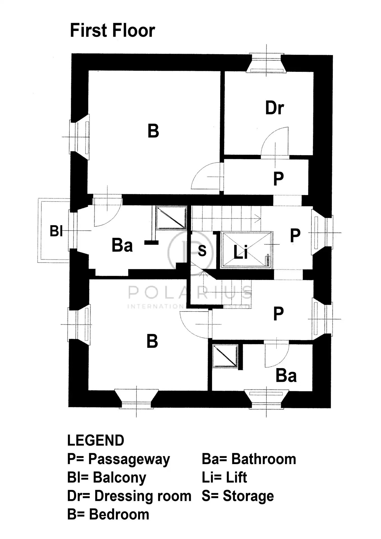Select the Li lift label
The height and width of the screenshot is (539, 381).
240,252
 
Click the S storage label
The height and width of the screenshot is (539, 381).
202,250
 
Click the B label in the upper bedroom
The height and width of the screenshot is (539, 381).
153,131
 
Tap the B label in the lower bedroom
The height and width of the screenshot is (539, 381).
152,341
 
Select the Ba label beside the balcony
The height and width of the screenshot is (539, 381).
122,245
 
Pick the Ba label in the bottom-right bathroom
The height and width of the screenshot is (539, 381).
286,376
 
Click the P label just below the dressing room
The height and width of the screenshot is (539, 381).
278,178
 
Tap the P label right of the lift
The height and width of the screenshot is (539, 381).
295,235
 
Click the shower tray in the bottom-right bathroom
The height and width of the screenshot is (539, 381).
225,355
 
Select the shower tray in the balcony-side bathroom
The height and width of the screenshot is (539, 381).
171,218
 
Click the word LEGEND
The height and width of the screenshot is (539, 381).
96,440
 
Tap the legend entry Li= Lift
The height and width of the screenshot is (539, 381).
224,478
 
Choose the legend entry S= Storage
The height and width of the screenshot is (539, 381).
238,496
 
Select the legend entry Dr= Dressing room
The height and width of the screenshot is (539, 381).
129,496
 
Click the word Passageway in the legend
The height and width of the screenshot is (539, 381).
129,459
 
